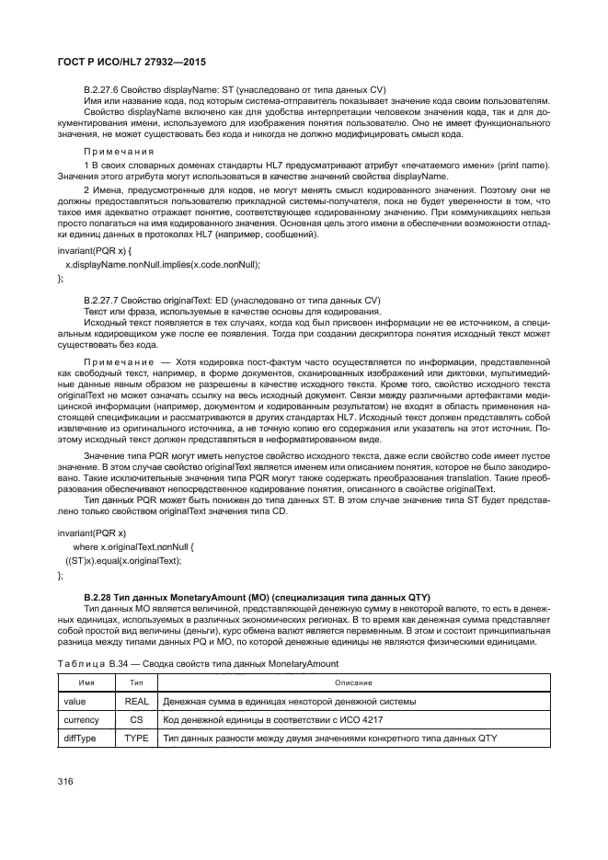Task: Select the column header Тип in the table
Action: coord(136,682)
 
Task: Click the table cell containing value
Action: coord(74,701)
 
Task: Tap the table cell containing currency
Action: coord(79,719)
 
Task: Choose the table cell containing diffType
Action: coord(77,739)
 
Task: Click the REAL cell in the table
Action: coord(136,701)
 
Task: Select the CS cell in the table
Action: coord(136,719)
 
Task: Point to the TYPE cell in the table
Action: coord(136,739)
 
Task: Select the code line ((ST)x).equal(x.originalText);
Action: coord(123,560)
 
